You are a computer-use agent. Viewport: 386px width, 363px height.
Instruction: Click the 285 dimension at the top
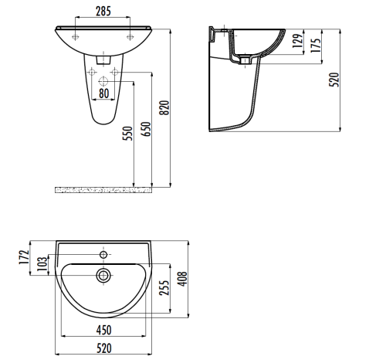[x=103, y=11]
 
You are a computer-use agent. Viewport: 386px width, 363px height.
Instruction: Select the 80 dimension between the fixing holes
[x=103, y=94]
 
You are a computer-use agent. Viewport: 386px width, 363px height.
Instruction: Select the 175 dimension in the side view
[x=314, y=45]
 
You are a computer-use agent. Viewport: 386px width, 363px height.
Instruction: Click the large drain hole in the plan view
[x=103, y=274]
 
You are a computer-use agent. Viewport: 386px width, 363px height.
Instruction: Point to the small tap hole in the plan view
[x=103, y=253]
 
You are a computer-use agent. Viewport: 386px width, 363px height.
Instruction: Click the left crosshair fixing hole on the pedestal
[x=92, y=72]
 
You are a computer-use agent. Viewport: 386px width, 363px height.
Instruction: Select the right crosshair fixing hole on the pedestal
[x=114, y=72]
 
